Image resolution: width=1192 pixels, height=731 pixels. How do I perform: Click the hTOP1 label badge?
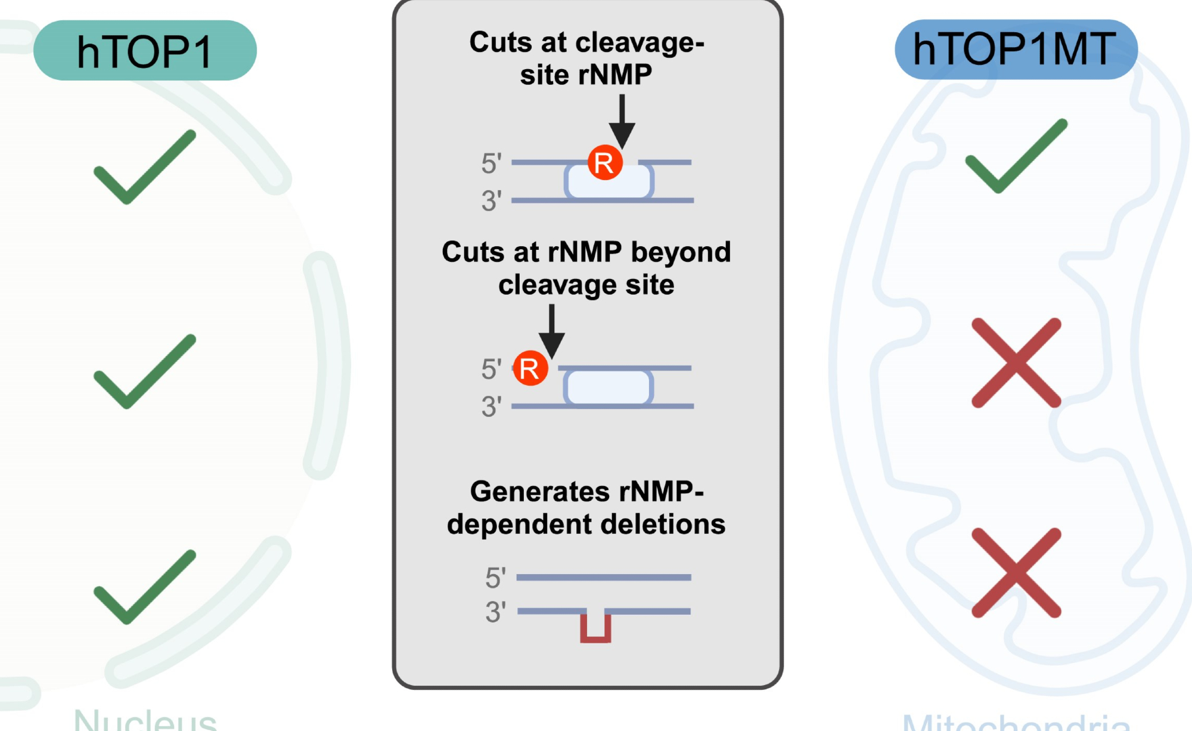click(145, 51)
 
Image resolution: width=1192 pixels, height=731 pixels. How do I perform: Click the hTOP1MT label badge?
click(1016, 49)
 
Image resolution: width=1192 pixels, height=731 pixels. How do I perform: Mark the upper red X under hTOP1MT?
click(1016, 363)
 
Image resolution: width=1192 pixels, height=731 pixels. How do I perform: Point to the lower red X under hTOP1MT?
click(1016, 572)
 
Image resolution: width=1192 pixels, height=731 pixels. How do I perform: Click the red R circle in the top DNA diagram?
click(605, 162)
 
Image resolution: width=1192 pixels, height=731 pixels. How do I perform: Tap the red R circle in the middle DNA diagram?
click(530, 368)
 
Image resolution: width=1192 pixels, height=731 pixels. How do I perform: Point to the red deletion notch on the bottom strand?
click(595, 627)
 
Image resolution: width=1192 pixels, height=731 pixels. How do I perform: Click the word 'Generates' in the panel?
click(539, 492)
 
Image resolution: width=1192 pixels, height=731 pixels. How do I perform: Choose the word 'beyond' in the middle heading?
click(681, 252)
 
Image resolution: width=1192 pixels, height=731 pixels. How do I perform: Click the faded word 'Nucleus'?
click(145, 720)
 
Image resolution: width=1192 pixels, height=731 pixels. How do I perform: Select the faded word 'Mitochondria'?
click(1016, 723)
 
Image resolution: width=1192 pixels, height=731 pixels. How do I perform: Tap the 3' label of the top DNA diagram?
click(492, 201)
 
